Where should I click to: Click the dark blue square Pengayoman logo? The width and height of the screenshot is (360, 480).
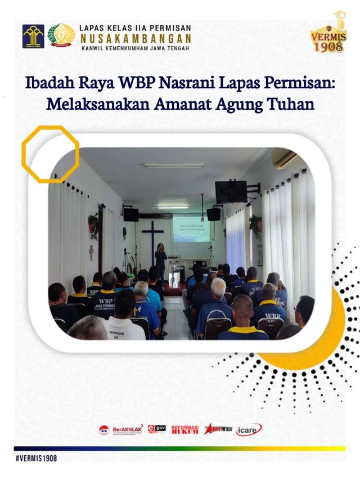tap(33, 36)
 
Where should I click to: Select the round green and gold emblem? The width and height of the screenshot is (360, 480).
tap(61, 35)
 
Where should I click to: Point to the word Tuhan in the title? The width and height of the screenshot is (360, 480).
tap(294, 104)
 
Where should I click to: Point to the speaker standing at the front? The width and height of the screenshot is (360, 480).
tap(161, 261)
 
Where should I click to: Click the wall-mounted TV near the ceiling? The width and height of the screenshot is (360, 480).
tap(231, 192)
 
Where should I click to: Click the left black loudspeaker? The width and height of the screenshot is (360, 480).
tap(131, 214)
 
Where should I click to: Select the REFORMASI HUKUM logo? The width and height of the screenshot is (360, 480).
tap(184, 429)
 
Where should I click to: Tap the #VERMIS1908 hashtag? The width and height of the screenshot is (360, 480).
tap(37, 458)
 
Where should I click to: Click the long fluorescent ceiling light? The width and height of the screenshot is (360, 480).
tap(174, 165)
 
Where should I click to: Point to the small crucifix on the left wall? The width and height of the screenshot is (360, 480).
tap(91, 252)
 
